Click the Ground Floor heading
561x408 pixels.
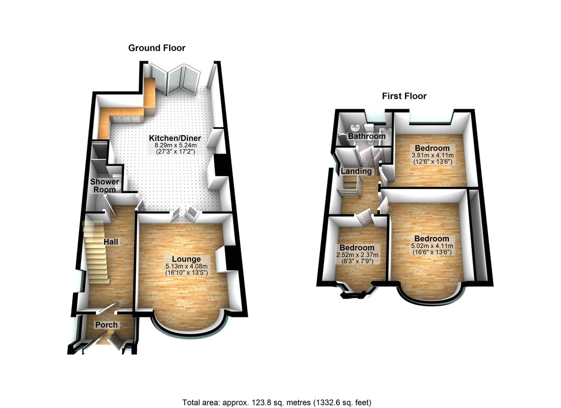pyautogui.click(x=157, y=48)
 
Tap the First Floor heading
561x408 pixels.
pyautogui.click(x=404, y=96)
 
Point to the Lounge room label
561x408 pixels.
pyautogui.click(x=186, y=259)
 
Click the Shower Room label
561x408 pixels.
pyautogui.click(x=105, y=186)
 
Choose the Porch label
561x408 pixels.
pyautogui.click(x=107, y=325)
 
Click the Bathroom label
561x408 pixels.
pyautogui.click(x=367, y=136)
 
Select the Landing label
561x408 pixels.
pyautogui.click(x=356, y=171)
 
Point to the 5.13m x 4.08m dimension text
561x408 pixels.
pyautogui.click(x=186, y=266)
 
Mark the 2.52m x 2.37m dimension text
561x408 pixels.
pyautogui.click(x=357, y=255)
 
